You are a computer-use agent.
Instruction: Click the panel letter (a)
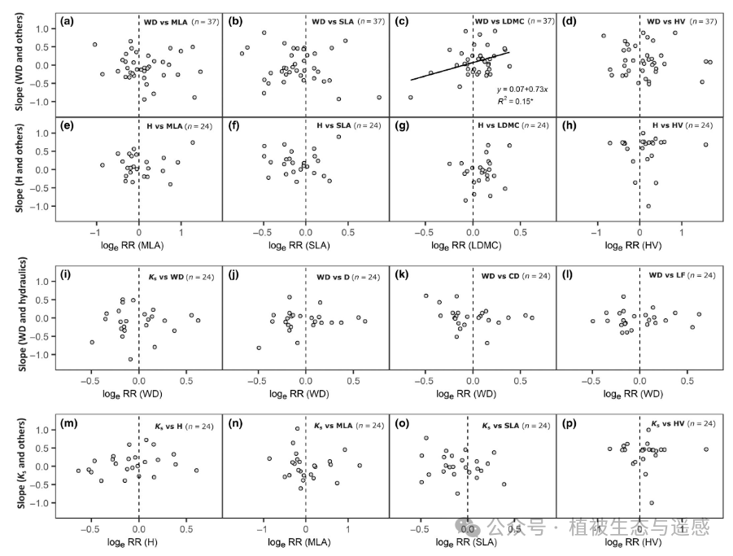[x=68, y=21]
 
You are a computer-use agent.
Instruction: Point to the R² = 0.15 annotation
[x=515, y=103]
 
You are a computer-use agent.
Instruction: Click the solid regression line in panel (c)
[x=460, y=66]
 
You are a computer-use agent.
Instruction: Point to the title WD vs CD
[x=500, y=278]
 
